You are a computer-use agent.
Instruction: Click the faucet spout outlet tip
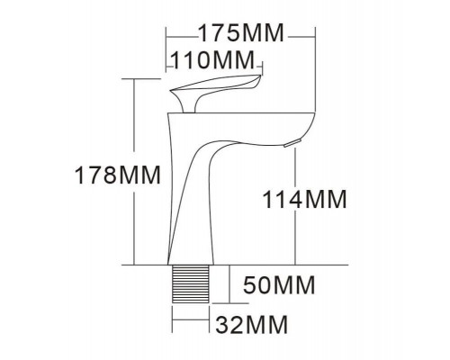[x=289, y=143]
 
